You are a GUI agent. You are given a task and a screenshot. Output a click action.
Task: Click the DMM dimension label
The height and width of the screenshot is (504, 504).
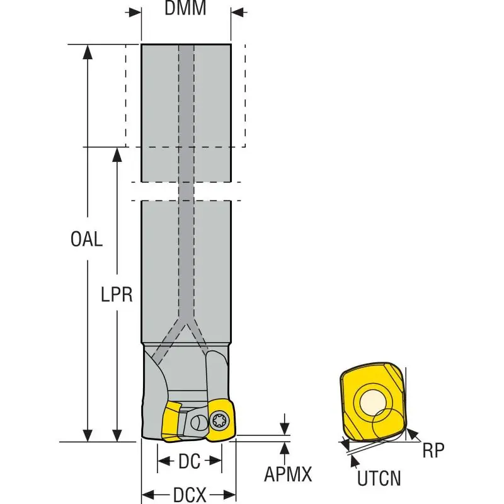185,9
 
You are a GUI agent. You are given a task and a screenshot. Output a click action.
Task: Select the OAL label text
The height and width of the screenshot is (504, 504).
86,239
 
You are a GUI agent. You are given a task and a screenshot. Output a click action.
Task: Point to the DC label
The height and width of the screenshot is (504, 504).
189,462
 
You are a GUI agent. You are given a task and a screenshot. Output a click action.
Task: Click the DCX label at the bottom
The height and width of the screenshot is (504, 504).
189,495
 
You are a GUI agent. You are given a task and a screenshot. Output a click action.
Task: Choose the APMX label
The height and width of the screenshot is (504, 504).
289,474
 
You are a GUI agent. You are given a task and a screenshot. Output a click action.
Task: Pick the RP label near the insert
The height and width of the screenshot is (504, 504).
433,449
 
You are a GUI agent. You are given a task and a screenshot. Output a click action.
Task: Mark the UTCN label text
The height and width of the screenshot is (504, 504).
379,479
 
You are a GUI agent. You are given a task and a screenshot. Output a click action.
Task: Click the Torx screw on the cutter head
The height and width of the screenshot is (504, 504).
220,416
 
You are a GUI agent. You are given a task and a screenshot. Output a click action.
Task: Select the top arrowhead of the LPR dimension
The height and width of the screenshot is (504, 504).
117,154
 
